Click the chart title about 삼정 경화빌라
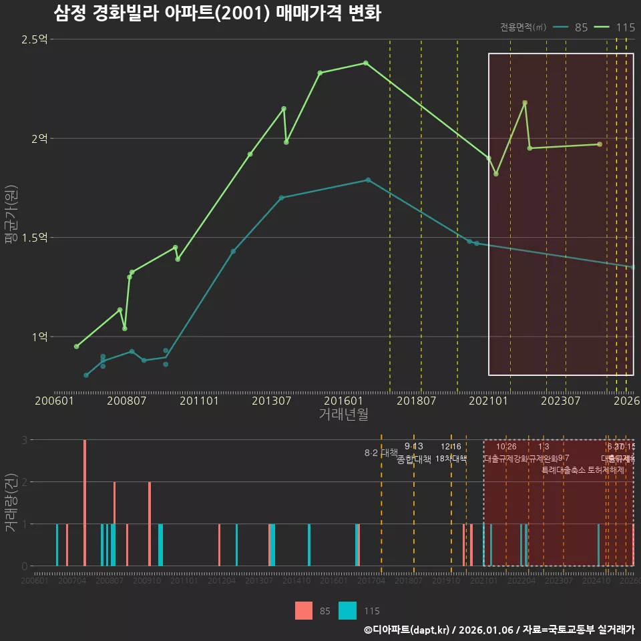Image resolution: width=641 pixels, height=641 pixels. click(217, 13)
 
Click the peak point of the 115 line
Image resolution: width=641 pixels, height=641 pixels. click(366, 63)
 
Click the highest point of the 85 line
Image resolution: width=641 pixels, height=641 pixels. click(368, 180)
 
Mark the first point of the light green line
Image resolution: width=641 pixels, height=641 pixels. click(76, 347)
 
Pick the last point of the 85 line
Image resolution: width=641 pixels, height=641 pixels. click(632, 267)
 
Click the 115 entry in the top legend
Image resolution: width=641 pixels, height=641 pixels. click(616, 27)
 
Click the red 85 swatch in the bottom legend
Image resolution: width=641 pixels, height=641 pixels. click(304, 610)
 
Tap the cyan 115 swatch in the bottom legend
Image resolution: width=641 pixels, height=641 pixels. click(347, 610)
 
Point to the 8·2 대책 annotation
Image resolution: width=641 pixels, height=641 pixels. click(381, 453)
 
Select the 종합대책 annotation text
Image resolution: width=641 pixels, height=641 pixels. click(414, 459)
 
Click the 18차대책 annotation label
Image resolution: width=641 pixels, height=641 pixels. click(451, 459)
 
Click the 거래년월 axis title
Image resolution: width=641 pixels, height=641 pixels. click(343, 414)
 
